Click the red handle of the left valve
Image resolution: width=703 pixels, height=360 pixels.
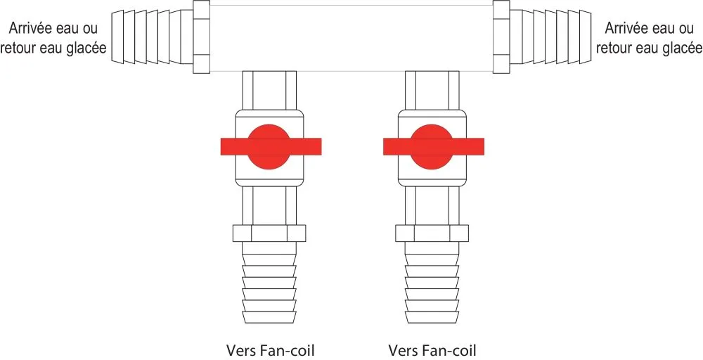click(x=271, y=146)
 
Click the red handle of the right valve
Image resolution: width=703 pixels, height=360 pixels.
click(x=433, y=146)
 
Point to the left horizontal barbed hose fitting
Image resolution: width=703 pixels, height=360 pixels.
click(x=150, y=37)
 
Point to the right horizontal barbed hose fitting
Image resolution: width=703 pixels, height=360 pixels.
click(x=550, y=37)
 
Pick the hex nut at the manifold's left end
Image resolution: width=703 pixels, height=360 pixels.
click(x=200, y=37)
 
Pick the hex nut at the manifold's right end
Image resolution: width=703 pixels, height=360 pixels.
click(x=501, y=37)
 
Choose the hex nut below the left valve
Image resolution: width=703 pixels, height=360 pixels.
click(x=269, y=233)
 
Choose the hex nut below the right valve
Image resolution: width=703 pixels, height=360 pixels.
click(x=432, y=233)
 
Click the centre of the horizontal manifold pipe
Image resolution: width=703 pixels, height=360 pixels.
click(x=351, y=37)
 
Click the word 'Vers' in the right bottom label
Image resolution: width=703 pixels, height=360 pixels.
click(x=401, y=349)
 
